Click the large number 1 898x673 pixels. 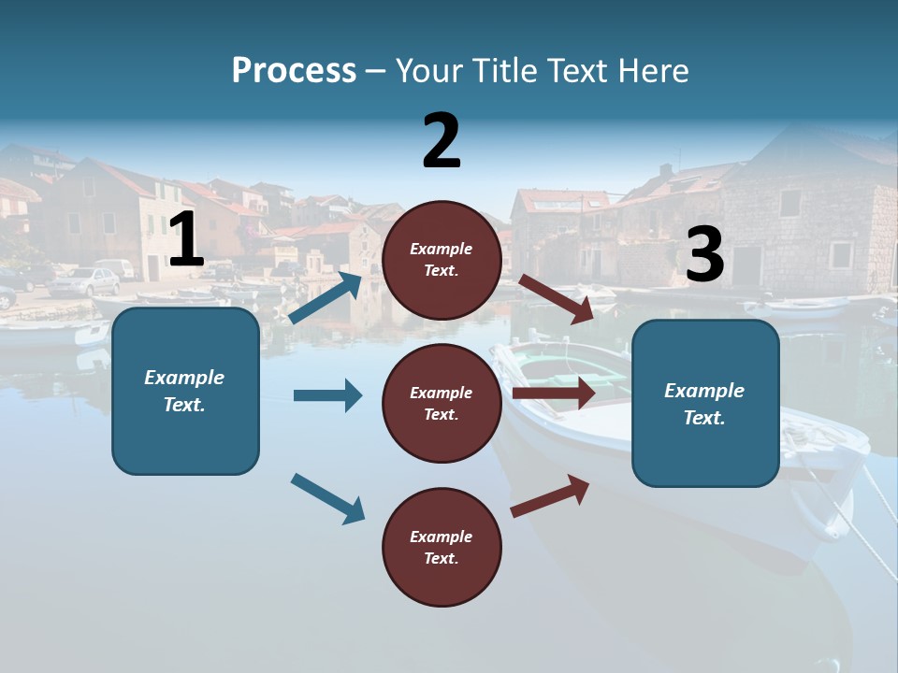[185, 240]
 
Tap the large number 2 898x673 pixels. [442, 141]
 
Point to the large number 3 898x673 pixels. [704, 255]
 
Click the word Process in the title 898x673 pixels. [294, 70]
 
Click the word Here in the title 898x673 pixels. [655, 70]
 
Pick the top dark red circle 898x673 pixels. [442, 260]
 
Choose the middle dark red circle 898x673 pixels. [442, 403]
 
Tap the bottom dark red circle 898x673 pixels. [442, 547]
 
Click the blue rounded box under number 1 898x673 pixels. [185, 391]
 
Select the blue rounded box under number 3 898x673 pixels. [705, 404]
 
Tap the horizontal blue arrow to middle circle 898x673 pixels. [327, 395]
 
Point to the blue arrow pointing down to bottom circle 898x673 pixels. [327, 498]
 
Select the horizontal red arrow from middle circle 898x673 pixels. [554, 394]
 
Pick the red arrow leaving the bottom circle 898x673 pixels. [551, 495]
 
